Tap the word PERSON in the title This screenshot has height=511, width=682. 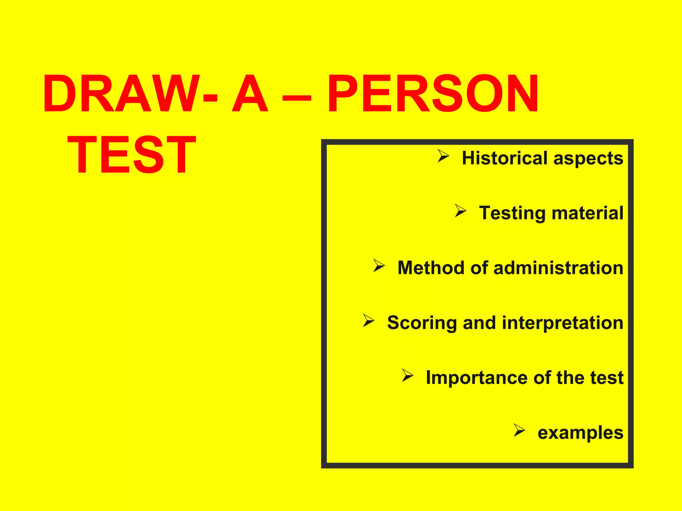pyautogui.click(x=433, y=94)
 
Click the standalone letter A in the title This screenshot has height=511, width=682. pyautogui.click(x=250, y=94)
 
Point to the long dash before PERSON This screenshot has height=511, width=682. pyautogui.click(x=297, y=98)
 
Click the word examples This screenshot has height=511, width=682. pyautogui.click(x=580, y=433)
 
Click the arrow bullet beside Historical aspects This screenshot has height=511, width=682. pyautogui.click(x=443, y=156)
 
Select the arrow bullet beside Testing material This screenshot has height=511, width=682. pyautogui.click(x=461, y=211)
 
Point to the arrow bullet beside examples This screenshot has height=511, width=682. pyautogui.click(x=519, y=430)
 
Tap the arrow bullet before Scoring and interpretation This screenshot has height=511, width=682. pyautogui.click(x=369, y=320)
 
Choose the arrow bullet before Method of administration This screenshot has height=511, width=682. pyautogui.click(x=379, y=265)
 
